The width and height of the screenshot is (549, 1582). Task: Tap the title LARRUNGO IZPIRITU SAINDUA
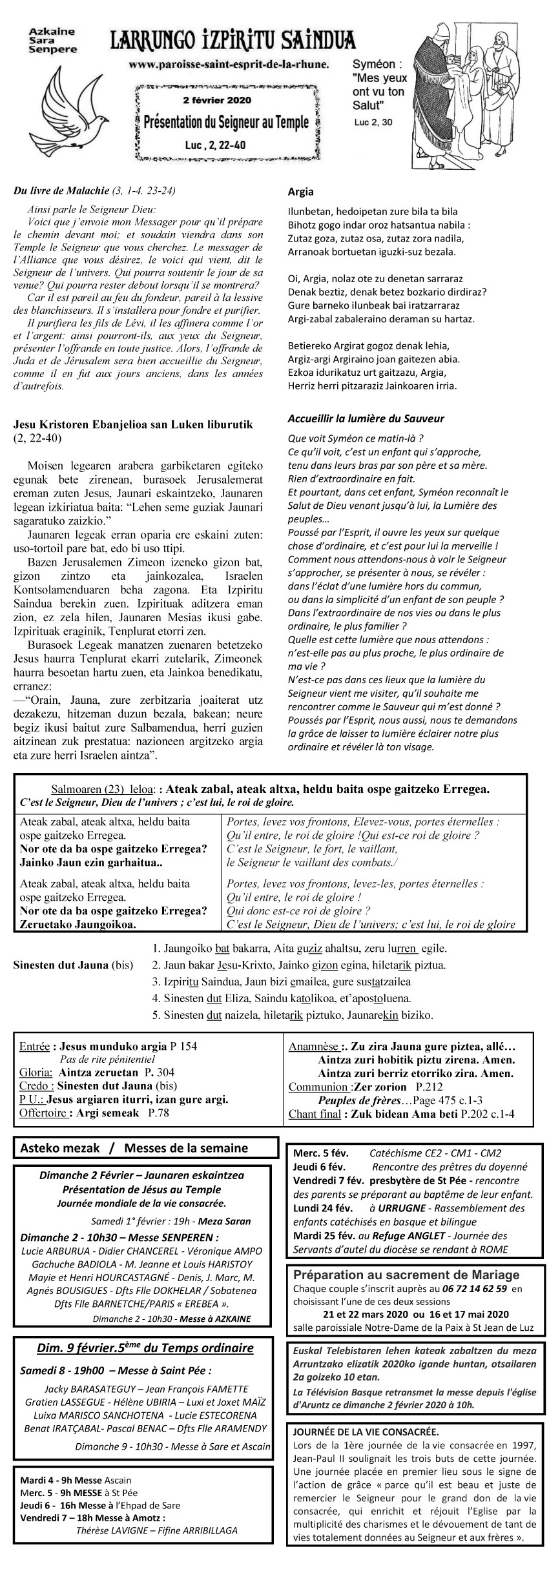click(233, 43)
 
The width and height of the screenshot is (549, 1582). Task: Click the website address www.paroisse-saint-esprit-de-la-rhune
click(229, 65)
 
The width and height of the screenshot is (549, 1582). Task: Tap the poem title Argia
click(300, 192)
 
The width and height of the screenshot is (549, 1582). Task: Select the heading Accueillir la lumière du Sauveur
click(366, 419)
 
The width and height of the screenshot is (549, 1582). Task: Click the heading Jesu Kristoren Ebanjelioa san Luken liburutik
click(133, 424)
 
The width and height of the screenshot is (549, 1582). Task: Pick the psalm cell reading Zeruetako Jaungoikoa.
click(78, 924)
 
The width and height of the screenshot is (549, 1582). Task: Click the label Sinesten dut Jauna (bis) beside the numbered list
click(73, 966)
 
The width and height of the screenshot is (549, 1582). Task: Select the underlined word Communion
click(316, 1087)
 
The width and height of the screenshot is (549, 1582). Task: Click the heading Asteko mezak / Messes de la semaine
click(134, 1147)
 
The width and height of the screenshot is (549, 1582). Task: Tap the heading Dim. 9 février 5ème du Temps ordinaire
click(145, 1347)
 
